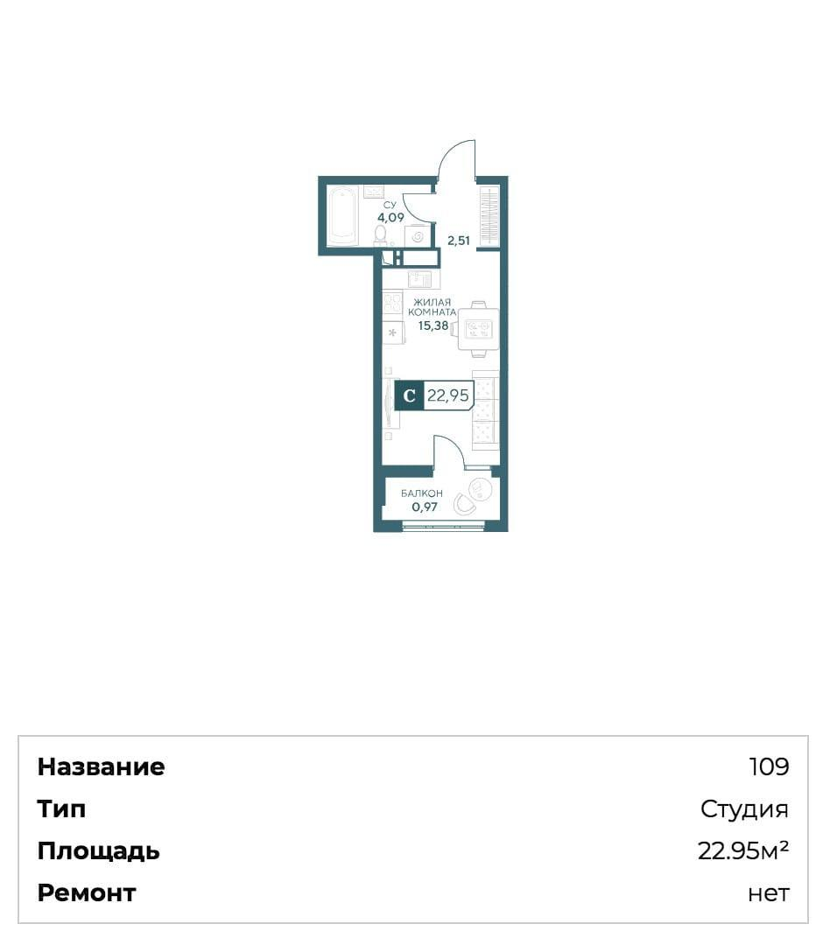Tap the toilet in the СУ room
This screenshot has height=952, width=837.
(x=381, y=235)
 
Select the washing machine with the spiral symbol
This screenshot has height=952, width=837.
(x=417, y=236)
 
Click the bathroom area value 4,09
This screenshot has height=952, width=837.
(x=390, y=217)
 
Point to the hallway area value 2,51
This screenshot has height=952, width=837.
(x=459, y=241)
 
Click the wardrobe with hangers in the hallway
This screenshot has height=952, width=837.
(x=489, y=216)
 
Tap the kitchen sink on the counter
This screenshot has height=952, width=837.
(x=419, y=279)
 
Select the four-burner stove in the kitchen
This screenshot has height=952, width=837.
(x=393, y=303)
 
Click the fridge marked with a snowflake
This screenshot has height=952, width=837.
(x=393, y=332)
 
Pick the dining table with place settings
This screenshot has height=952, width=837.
(x=478, y=328)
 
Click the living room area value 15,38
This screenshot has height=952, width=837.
(x=433, y=325)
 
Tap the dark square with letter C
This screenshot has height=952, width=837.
(x=410, y=395)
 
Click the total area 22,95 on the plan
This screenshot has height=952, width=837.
(x=448, y=395)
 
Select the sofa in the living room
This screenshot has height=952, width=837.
(x=485, y=410)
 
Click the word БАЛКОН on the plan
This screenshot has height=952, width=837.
(x=421, y=493)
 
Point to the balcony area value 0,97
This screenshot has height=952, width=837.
(x=425, y=507)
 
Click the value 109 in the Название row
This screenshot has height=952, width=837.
(x=769, y=766)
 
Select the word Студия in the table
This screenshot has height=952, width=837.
(x=744, y=808)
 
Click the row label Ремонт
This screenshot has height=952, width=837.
(x=87, y=893)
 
